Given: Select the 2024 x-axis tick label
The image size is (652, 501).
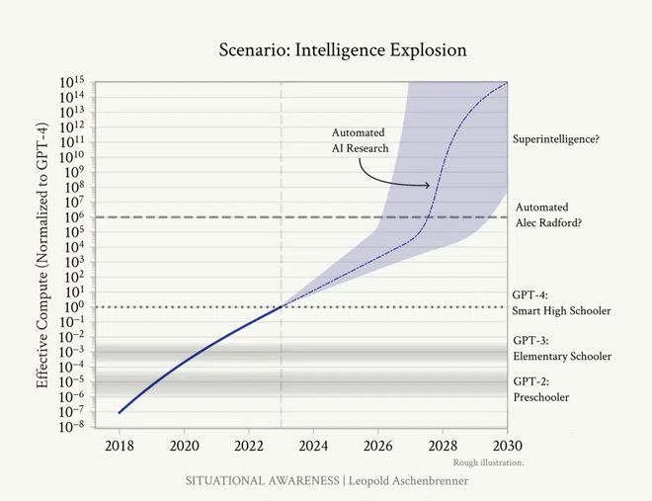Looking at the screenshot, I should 313,446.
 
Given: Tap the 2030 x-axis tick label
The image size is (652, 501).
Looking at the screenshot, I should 508,446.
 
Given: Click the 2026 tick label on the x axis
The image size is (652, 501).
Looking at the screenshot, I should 378,446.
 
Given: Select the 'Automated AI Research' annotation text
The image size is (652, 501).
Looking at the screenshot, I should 361,140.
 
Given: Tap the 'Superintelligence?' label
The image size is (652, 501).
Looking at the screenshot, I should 556,139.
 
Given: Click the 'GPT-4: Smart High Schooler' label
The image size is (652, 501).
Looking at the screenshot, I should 561,303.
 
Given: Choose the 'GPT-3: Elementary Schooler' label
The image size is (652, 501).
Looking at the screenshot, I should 561,348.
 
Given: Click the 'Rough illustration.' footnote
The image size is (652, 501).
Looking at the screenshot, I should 488,462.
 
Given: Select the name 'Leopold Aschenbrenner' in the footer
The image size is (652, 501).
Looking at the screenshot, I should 410,480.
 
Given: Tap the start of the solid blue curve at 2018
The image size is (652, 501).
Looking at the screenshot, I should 119,412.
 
